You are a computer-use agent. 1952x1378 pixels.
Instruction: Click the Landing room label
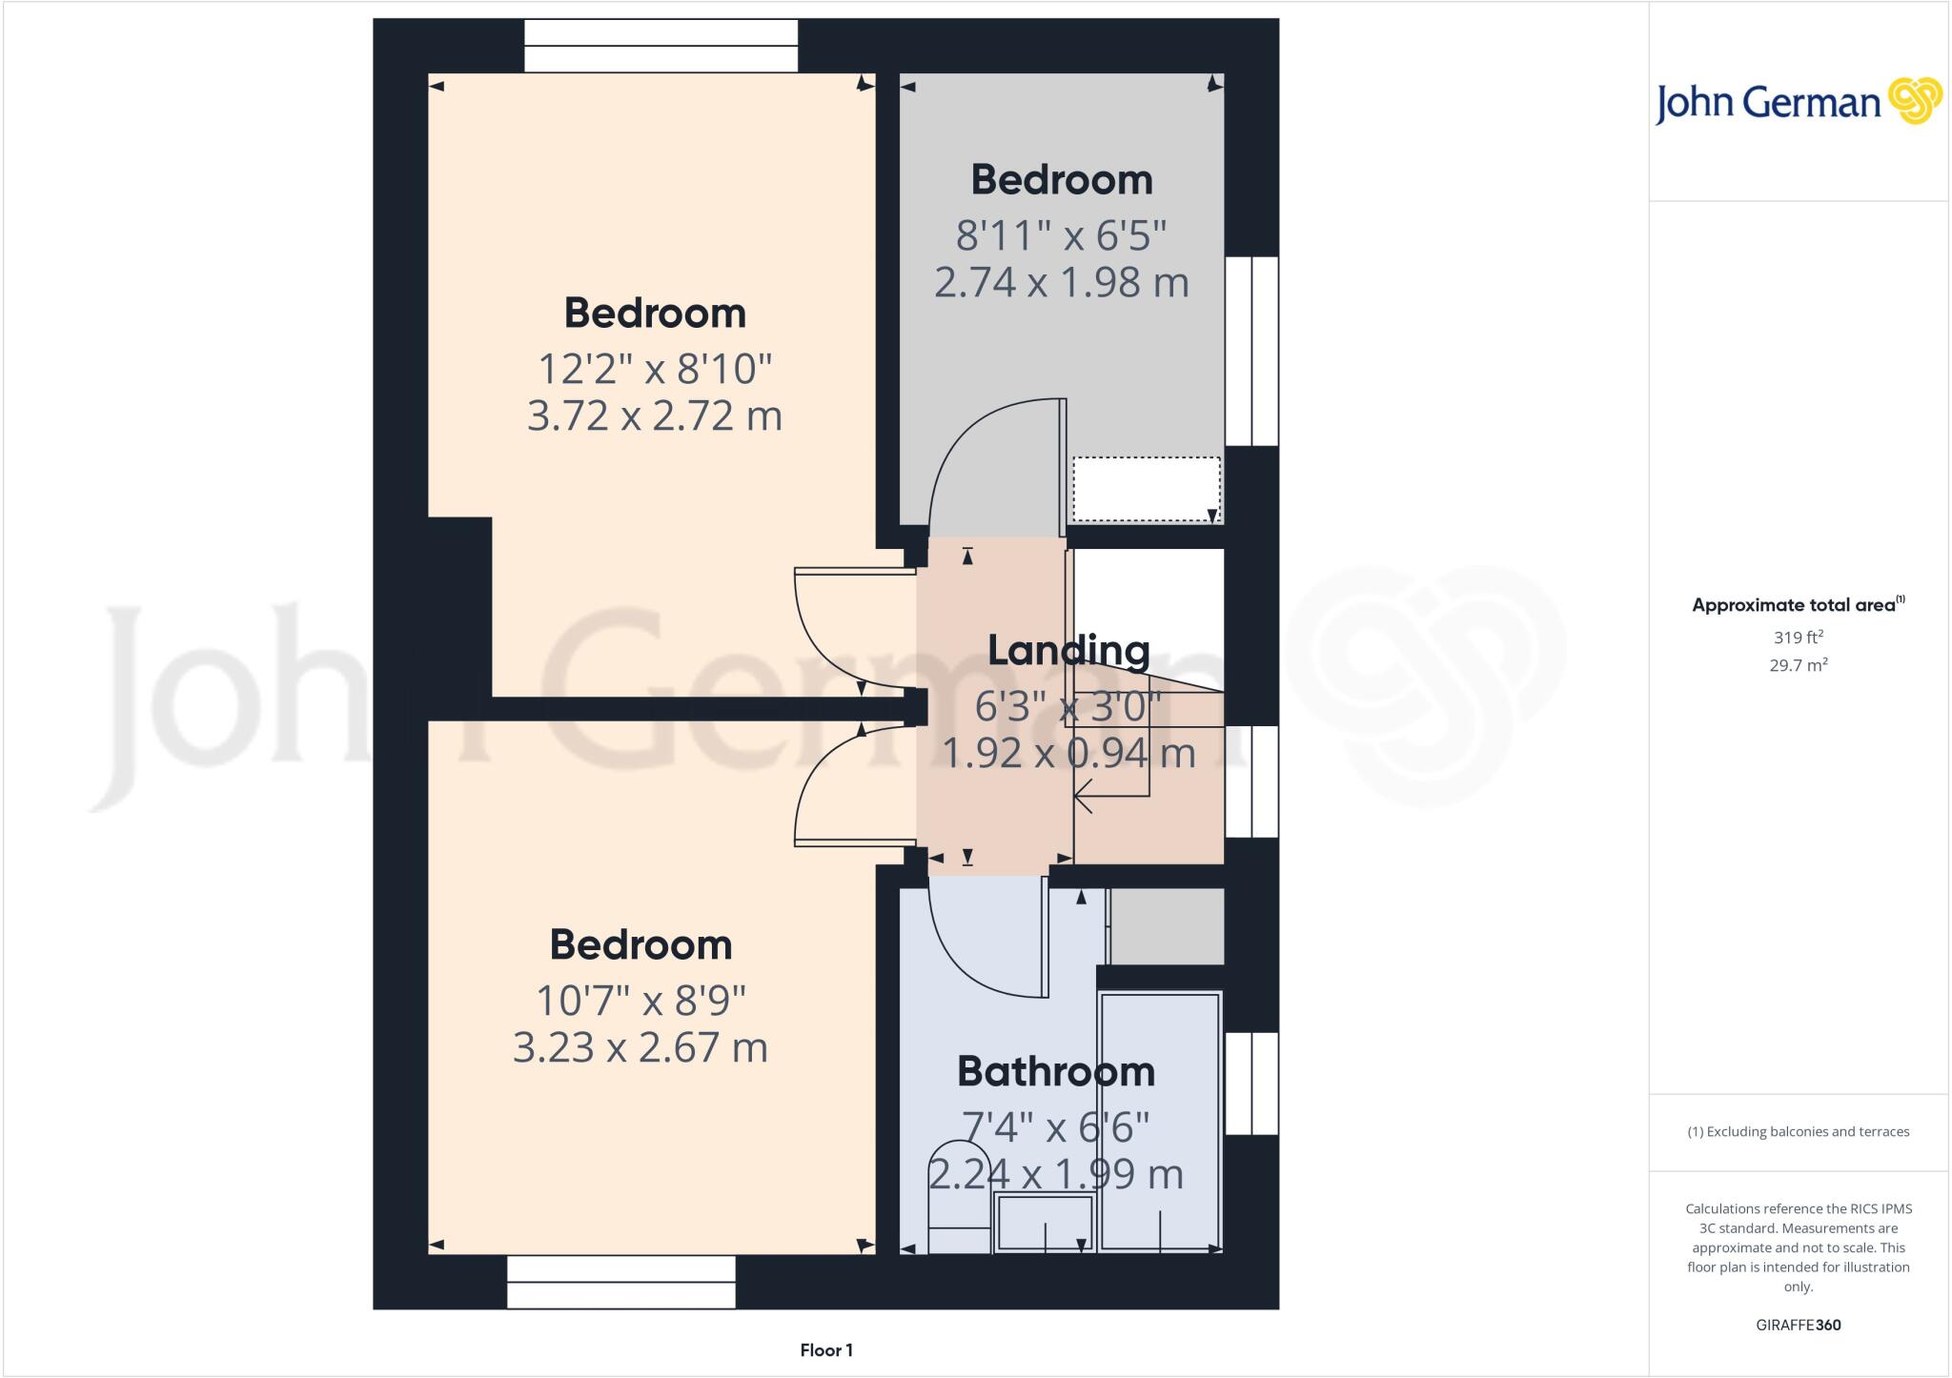[1068, 650]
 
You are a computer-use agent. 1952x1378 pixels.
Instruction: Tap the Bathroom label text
[1056, 1071]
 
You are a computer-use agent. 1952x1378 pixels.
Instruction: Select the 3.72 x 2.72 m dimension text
[655, 415]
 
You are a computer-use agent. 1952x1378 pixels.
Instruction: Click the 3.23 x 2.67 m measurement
[640, 1047]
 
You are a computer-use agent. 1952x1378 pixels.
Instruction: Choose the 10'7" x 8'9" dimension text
[640, 1001]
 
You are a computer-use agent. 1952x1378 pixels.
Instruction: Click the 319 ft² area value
[1799, 638]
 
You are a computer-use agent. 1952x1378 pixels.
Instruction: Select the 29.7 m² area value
[1799, 665]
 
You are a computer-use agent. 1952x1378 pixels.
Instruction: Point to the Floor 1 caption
[826, 1350]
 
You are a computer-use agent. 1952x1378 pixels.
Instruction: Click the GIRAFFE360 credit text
[1799, 1325]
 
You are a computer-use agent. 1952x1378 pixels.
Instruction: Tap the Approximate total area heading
[1798, 604]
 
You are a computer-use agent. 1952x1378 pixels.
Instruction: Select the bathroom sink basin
[1045, 1224]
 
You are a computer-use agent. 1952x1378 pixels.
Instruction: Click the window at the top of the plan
[661, 46]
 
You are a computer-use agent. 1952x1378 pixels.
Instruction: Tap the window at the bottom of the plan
[621, 1282]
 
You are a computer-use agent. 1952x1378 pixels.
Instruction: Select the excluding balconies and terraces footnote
[1799, 1132]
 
